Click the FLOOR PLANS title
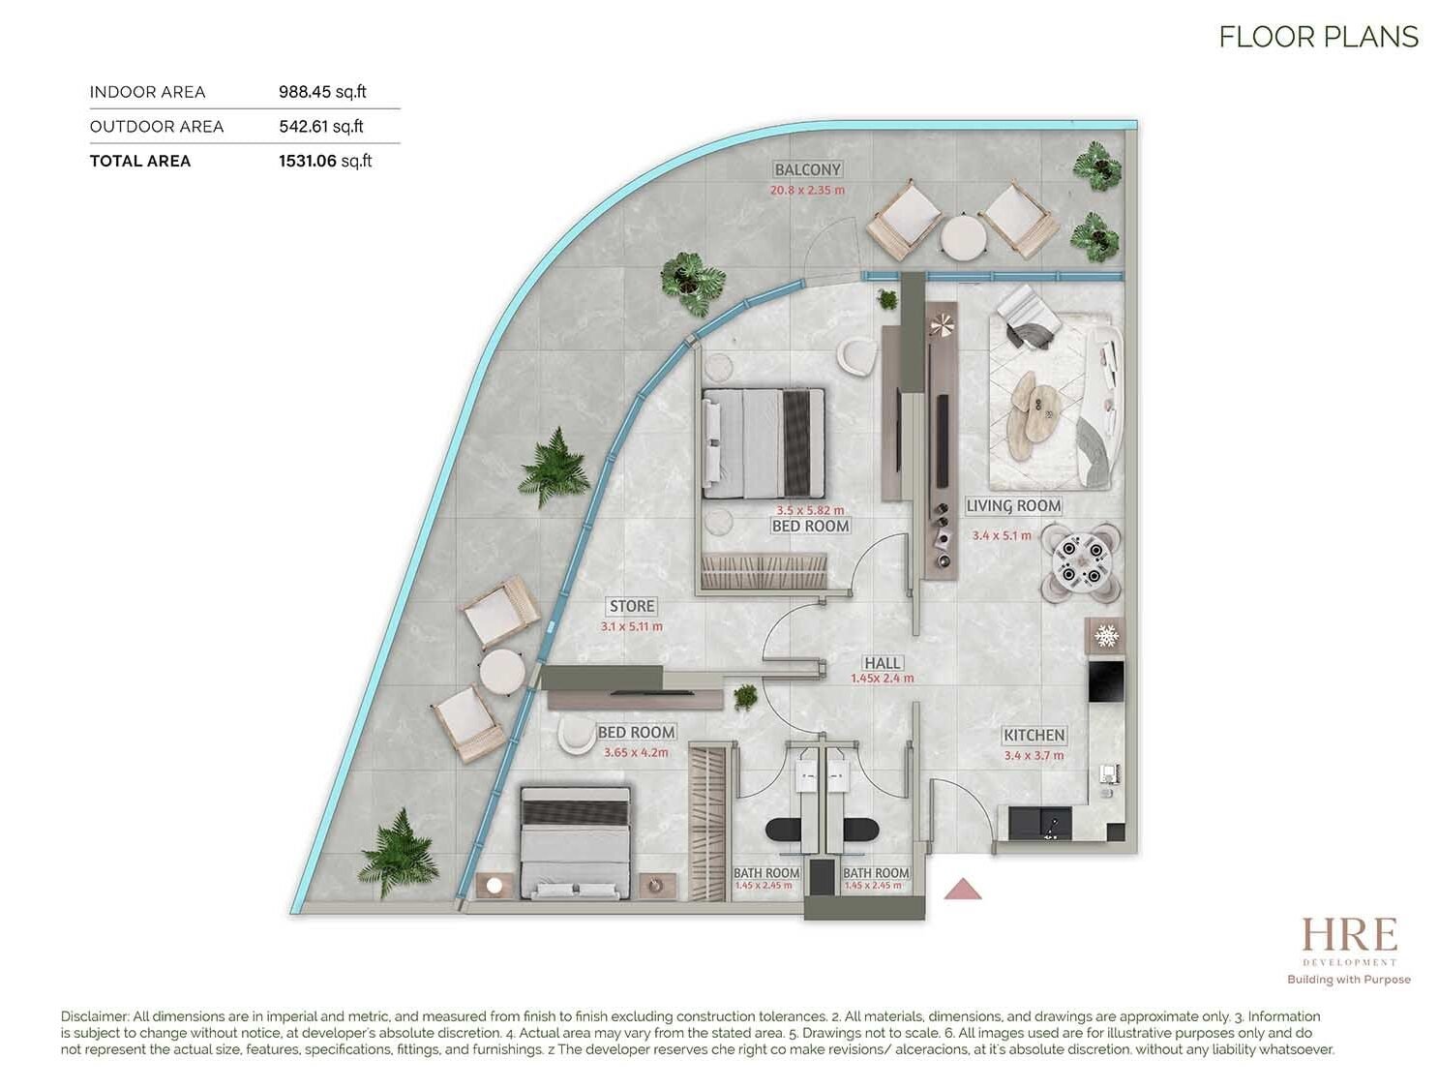pyautogui.click(x=1318, y=38)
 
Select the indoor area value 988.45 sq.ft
pyautogui.click(x=322, y=92)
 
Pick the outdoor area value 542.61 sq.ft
pyautogui.click(x=320, y=127)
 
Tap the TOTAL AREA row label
pyautogui.click(x=139, y=162)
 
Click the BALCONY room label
pyautogui.click(x=807, y=169)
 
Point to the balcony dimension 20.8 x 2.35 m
pyautogui.click(x=807, y=191)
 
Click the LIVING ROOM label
pyautogui.click(x=1013, y=506)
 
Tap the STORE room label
pyautogui.click(x=631, y=606)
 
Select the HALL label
pyautogui.click(x=882, y=663)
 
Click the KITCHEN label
pyautogui.click(x=1034, y=736)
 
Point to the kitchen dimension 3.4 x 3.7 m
pyautogui.click(x=1034, y=756)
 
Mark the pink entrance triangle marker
pyautogui.click(x=962, y=889)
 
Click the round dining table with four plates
pyautogui.click(x=1081, y=561)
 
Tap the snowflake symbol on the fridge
pyautogui.click(x=1106, y=635)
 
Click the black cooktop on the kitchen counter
pyautogui.click(x=1106, y=681)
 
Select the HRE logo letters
pyautogui.click(x=1349, y=936)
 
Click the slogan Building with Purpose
pyautogui.click(x=1349, y=980)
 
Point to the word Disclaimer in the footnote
pyautogui.click(x=95, y=1016)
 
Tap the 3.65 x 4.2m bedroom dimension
pyautogui.click(x=636, y=753)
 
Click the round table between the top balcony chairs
pyautogui.click(x=963, y=237)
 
